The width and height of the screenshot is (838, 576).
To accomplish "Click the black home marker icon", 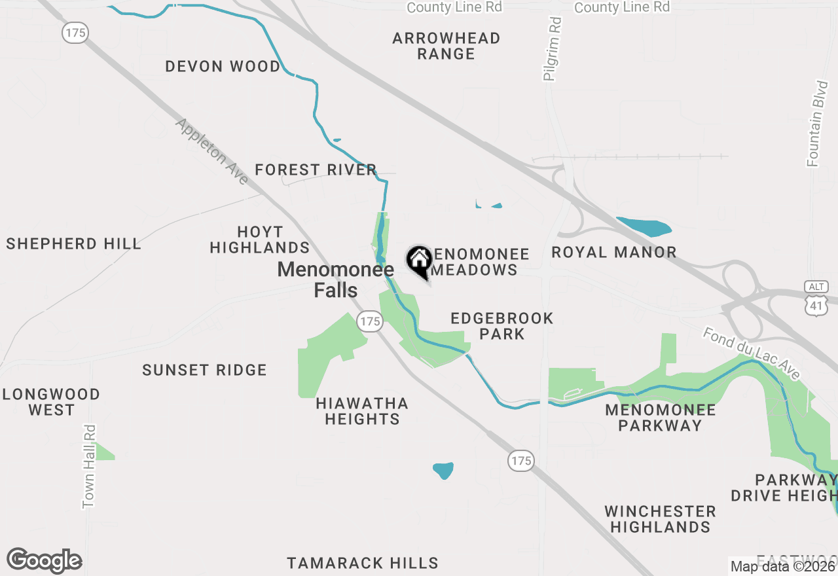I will pos(419,261).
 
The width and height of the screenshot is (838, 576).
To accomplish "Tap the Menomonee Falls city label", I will pos(336,279).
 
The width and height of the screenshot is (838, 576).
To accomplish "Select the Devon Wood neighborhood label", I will pos(223,66).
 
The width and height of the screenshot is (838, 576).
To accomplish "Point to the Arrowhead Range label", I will pos(446,46).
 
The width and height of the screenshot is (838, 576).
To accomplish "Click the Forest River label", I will pos(316,170).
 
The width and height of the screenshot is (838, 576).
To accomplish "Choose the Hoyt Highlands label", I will pos(260,240).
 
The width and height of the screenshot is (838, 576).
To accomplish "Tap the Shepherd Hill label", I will pos(73,244).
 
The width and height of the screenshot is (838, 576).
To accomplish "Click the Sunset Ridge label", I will pos(204,370).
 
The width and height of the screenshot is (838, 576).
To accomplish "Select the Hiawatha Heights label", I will pos(362,411).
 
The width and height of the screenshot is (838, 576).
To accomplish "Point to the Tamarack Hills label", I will pos(363,563).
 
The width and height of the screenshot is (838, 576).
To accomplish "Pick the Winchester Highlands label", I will pos(660,519).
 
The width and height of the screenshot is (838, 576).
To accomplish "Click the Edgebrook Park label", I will pos(502,326).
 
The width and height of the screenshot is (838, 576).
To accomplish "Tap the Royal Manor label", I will pos(614,252).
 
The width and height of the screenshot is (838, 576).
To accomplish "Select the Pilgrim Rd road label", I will pos(553,49).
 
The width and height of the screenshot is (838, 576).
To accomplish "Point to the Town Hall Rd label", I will pos(89,466).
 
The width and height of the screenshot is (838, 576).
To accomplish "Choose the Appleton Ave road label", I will pos(211,151).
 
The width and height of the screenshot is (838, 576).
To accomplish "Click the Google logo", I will pos(44,561).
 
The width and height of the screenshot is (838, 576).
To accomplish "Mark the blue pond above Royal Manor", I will pos(644,226).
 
